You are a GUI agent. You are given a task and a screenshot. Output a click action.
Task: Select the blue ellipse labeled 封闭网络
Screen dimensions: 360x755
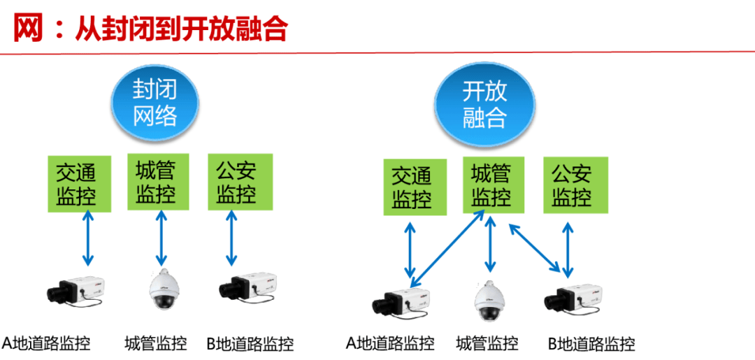[154, 103]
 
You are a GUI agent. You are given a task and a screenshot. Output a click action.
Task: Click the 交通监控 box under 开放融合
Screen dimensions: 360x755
[412, 187]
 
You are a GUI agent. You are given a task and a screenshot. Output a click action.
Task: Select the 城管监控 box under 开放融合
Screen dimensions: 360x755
[491, 185]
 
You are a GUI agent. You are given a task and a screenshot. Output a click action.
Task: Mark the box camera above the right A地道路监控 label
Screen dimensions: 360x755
[403, 301]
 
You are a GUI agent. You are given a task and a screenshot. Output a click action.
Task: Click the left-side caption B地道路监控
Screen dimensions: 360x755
[250, 344]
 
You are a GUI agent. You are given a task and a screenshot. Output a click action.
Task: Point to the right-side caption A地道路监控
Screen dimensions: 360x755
[390, 343]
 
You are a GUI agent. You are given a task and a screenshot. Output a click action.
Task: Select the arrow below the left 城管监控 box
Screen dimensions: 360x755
[161, 238]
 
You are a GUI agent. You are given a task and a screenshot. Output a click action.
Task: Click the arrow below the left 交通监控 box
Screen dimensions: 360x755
[87, 238]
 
